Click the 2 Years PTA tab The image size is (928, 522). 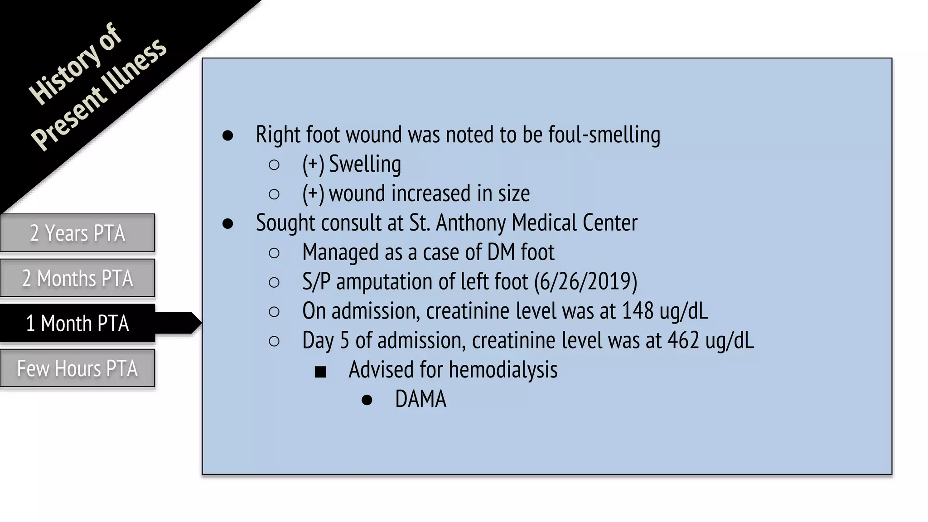(x=77, y=233)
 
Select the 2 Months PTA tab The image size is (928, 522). (x=77, y=278)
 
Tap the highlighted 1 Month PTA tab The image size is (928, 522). (x=77, y=323)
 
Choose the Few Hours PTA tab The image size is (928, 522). (x=77, y=368)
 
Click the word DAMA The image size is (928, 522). (x=420, y=399)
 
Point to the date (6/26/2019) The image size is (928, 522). (x=585, y=282)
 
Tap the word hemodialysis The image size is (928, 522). (x=503, y=370)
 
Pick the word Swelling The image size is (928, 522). (x=365, y=164)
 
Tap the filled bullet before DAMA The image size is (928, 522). (x=367, y=400)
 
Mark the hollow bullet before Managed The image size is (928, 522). (x=274, y=253)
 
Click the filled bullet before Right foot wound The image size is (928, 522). (x=227, y=135)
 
